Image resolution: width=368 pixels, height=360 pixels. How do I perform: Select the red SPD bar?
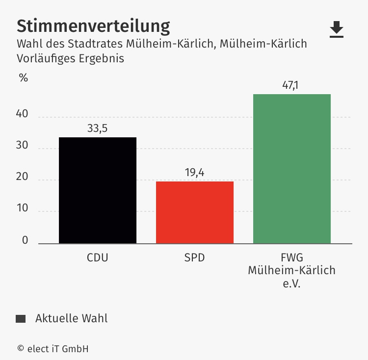point(195,212)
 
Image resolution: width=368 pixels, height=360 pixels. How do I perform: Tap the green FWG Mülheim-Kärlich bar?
point(292,169)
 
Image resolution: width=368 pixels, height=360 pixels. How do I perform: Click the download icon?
point(337,29)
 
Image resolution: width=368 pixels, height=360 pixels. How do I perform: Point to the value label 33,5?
point(97,129)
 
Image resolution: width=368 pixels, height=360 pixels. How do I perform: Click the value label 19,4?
point(194,173)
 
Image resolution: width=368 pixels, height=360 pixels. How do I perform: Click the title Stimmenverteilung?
point(93,26)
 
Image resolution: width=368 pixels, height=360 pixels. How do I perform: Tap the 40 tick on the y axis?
point(23,115)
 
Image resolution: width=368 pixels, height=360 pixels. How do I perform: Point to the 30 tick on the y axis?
point(23,146)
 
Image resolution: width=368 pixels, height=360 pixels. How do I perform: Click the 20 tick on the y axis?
point(23,178)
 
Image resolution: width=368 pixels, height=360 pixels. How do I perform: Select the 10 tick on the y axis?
point(23,209)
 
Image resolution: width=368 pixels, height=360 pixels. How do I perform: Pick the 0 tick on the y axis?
point(25,240)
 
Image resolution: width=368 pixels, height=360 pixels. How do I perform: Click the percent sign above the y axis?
point(24,77)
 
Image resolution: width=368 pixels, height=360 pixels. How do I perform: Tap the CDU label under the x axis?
point(97,257)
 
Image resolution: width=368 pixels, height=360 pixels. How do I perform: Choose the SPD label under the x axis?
point(194,257)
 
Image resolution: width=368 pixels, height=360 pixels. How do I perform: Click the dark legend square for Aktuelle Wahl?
point(21,319)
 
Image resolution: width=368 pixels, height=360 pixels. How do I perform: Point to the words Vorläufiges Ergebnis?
point(70,58)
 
